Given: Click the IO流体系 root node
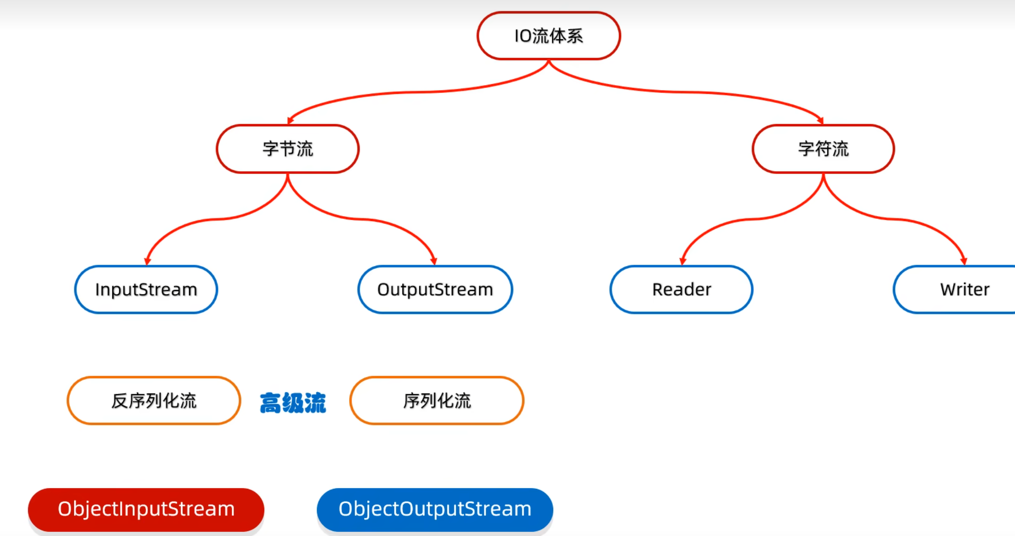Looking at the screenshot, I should click(548, 36).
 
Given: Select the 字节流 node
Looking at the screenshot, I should click(287, 149).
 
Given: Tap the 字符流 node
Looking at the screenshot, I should click(823, 149).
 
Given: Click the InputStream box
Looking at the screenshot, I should click(146, 290).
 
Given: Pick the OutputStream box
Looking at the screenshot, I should click(435, 290).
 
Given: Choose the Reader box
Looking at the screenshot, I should click(681, 290).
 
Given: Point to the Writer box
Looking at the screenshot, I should click(959, 290).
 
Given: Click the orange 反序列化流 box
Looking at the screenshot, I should click(154, 401).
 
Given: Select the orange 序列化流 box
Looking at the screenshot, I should click(437, 401).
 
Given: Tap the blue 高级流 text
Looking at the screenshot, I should click(293, 403).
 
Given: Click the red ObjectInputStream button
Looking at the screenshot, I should click(146, 509).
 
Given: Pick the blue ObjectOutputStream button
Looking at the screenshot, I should click(435, 509).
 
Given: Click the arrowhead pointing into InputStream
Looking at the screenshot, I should click(147, 261).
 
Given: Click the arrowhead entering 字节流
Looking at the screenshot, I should click(290, 121).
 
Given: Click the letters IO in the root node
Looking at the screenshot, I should click(523, 36).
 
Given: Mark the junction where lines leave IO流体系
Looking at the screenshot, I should click(548, 61).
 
